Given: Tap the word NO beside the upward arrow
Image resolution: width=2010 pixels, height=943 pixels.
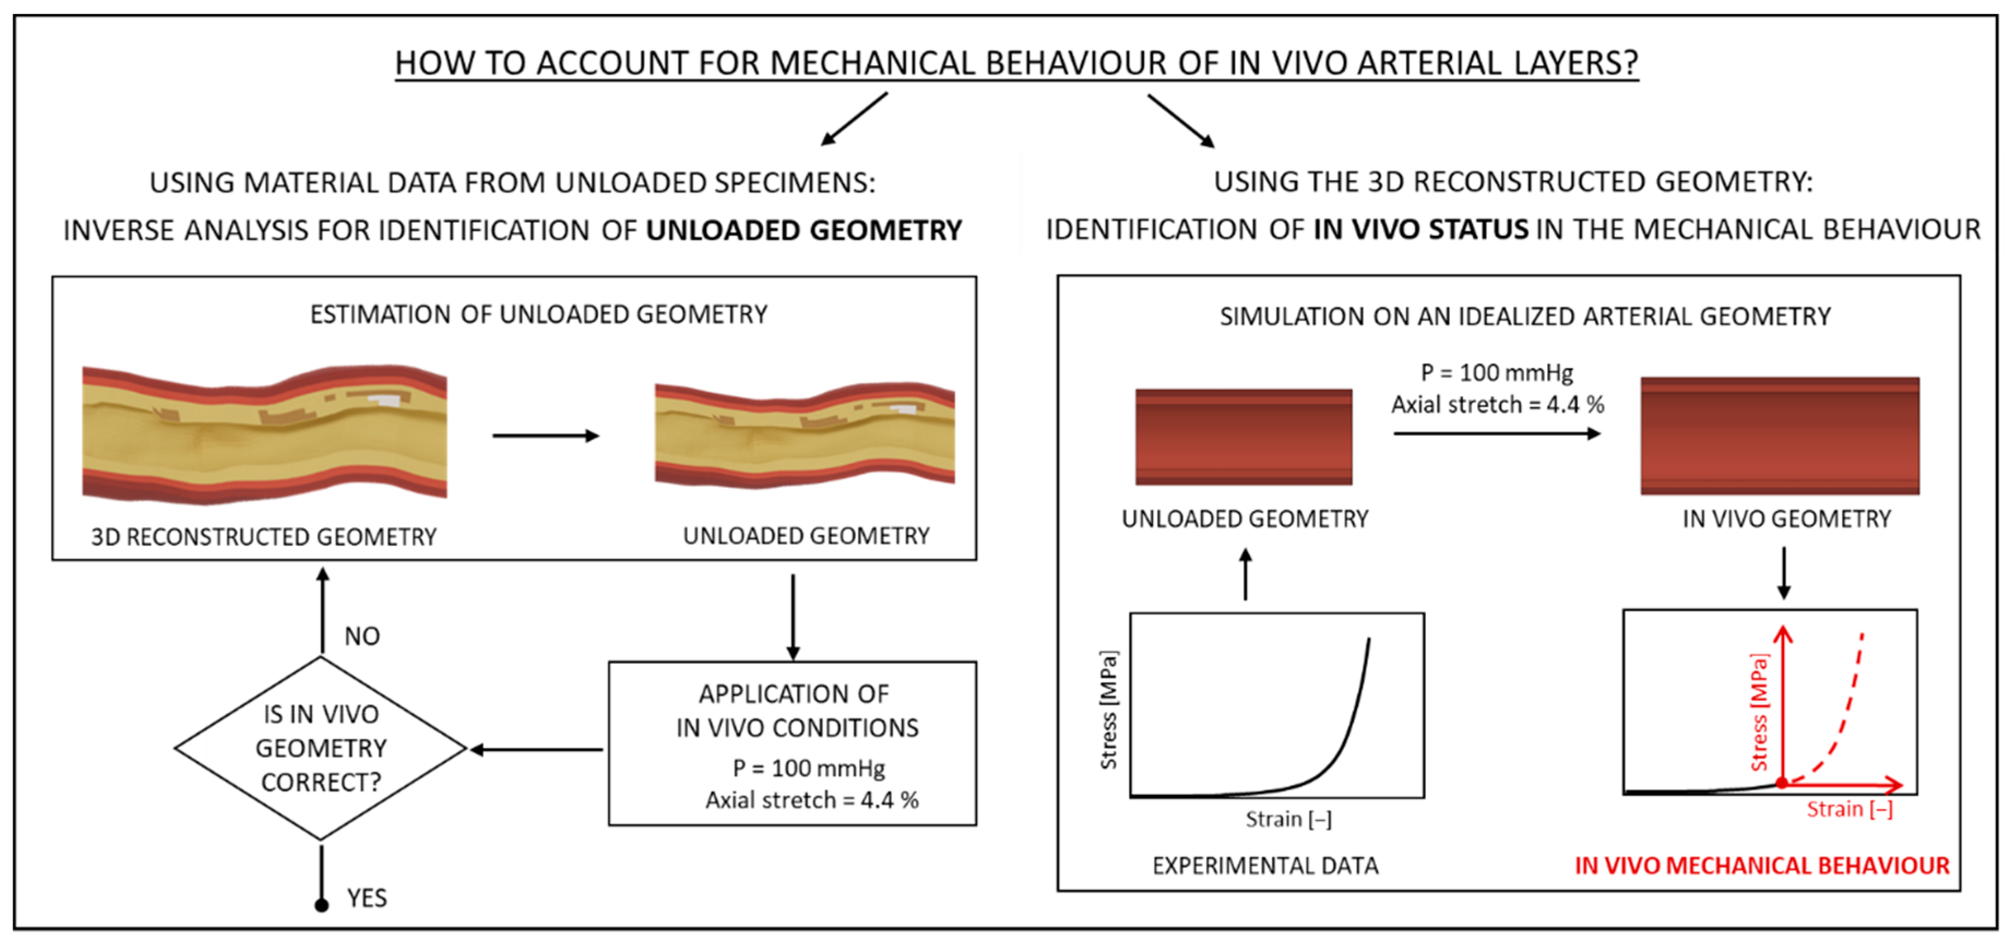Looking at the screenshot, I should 362,636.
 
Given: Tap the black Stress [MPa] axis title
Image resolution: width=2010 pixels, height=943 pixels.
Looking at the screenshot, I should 1108,710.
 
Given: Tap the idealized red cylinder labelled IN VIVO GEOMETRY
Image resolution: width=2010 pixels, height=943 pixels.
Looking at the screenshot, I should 1780,435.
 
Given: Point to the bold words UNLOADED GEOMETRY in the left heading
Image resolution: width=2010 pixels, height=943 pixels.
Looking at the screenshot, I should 804,230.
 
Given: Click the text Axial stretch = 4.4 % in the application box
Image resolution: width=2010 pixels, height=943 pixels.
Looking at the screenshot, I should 812,799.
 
